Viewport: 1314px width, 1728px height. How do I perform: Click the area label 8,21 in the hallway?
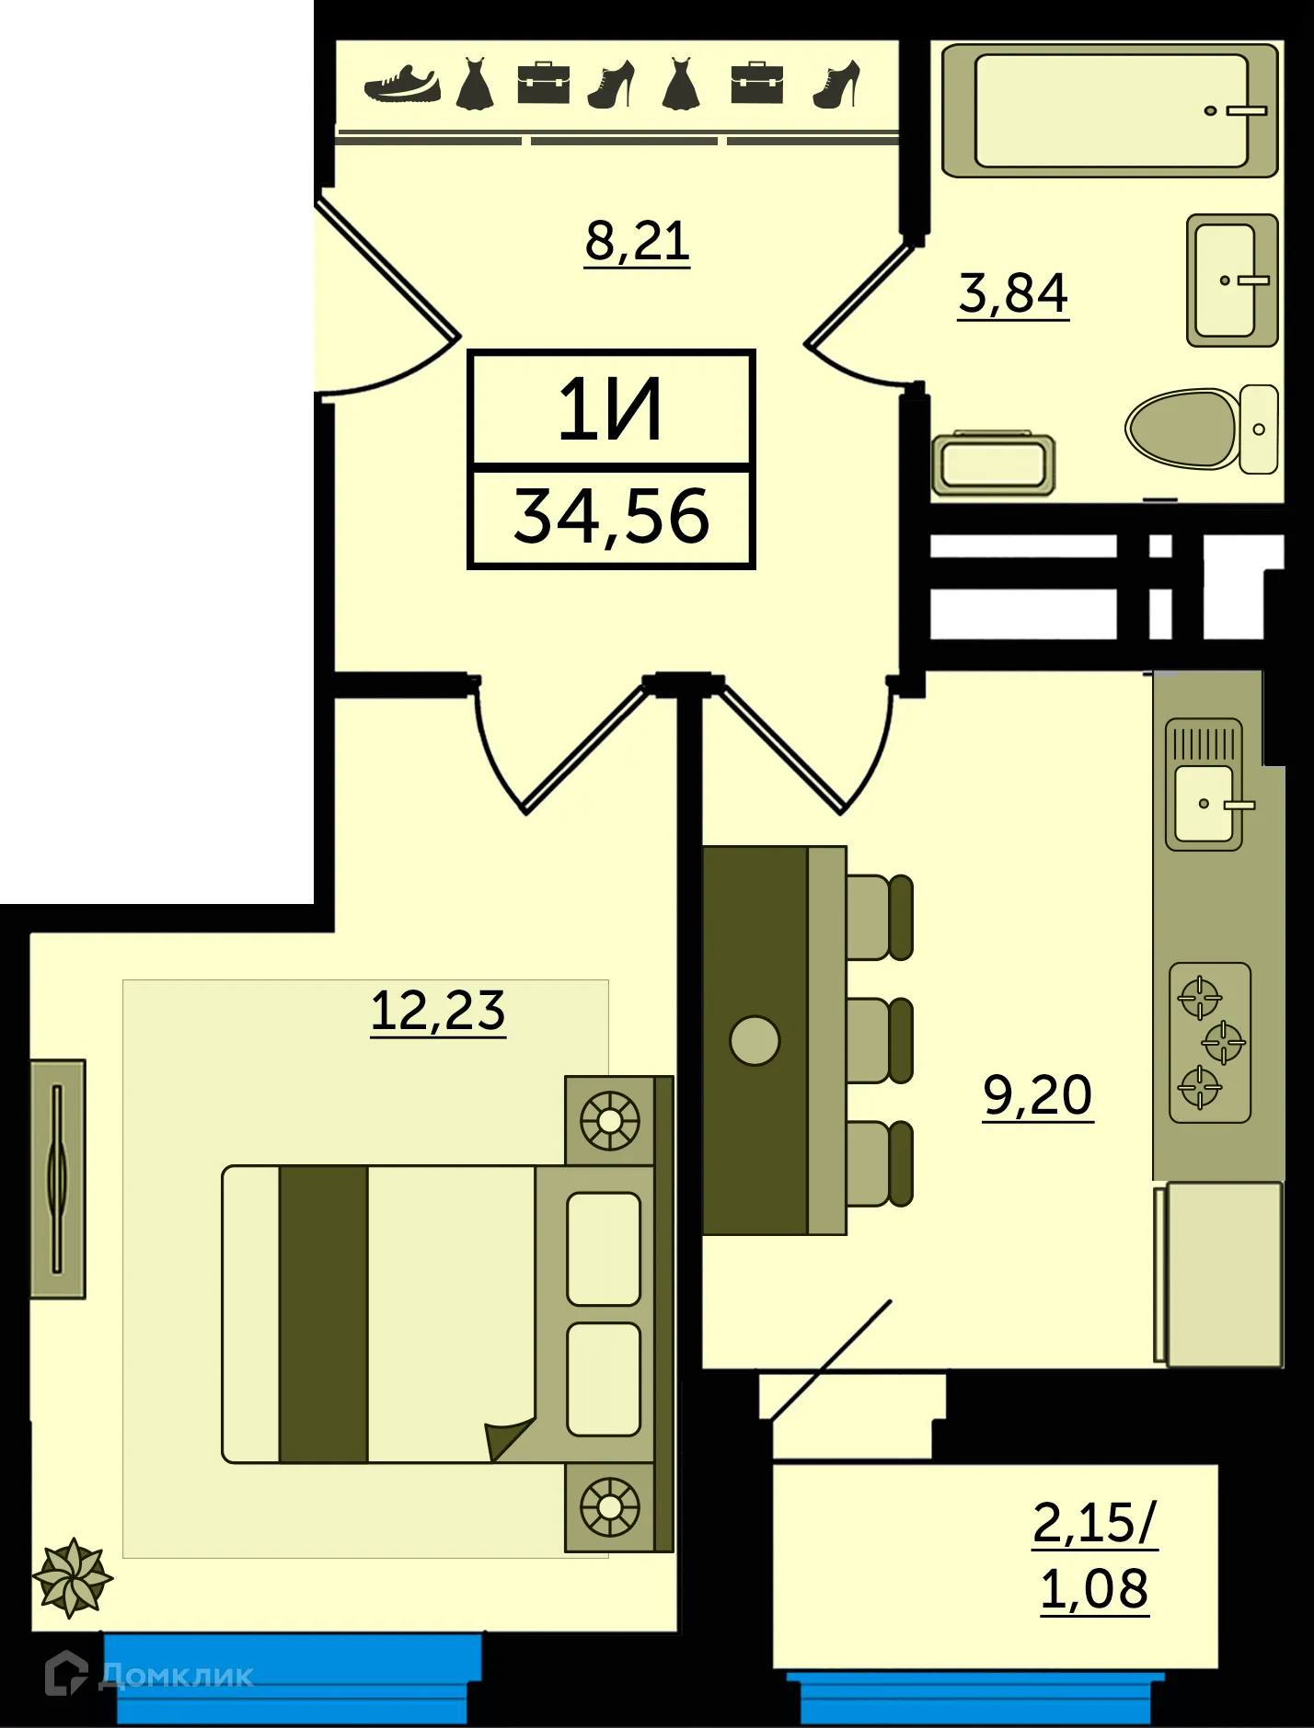[637, 241]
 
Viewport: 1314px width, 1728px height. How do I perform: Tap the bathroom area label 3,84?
[1013, 292]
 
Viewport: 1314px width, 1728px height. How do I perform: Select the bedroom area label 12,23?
[438, 1010]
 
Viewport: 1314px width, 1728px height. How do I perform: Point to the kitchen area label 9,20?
[1038, 1094]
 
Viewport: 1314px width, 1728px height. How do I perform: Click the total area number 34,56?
[611, 517]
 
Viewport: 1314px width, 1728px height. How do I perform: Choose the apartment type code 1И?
[610, 410]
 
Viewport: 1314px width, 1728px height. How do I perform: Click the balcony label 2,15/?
[1094, 1522]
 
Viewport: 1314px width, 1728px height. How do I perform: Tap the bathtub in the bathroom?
[1110, 110]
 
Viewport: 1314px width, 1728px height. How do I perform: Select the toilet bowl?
[1182, 429]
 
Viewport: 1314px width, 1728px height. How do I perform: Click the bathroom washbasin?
[1228, 280]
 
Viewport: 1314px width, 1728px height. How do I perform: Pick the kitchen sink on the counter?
[1204, 802]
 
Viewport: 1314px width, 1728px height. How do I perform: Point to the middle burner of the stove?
[1224, 1043]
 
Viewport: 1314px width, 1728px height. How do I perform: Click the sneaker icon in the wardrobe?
[402, 84]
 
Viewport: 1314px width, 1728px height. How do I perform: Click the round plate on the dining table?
[755, 1040]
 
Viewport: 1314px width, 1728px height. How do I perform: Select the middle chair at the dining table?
[878, 1040]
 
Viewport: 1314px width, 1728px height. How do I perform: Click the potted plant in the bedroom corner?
[72, 1578]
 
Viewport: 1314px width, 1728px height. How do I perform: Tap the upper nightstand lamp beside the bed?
[609, 1121]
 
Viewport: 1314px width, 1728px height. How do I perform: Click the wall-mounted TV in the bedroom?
[57, 1179]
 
